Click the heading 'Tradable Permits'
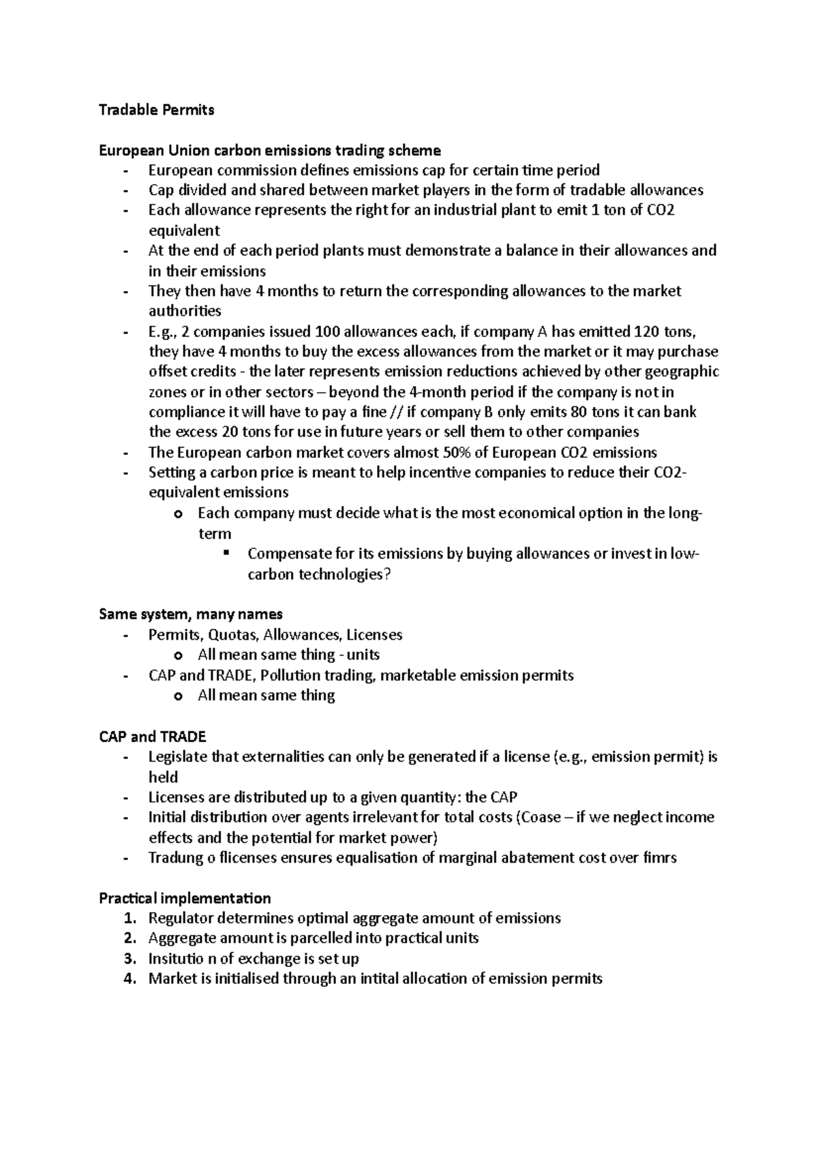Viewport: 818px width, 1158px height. click(x=156, y=110)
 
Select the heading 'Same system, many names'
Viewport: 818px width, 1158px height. click(x=190, y=614)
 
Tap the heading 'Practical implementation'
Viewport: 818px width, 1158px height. click(x=185, y=898)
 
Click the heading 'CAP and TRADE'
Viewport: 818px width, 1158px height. click(x=152, y=737)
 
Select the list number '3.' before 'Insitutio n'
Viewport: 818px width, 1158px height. click(x=130, y=959)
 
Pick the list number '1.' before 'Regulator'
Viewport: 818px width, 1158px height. click(x=130, y=919)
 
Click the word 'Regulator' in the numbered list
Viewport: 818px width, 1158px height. click(x=181, y=919)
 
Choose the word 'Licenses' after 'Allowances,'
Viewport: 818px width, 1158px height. click(x=374, y=635)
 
